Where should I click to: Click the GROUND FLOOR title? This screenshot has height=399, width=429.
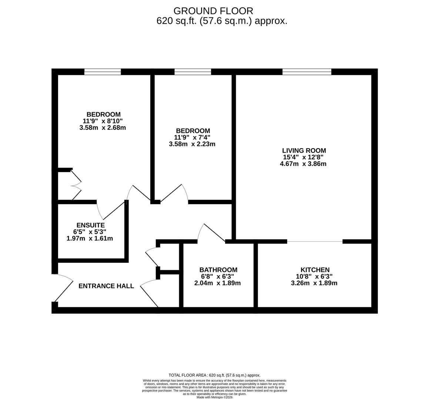pyautogui.click(x=213, y=11)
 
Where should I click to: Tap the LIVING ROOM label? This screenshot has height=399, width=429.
pyautogui.click(x=304, y=150)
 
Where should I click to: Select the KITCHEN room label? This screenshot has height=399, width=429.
pyautogui.click(x=315, y=270)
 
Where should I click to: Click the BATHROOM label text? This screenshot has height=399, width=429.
pyautogui.click(x=218, y=270)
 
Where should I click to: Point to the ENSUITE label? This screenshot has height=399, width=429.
pyautogui.click(x=90, y=225)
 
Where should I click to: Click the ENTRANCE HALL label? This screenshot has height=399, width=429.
pyautogui.click(x=106, y=286)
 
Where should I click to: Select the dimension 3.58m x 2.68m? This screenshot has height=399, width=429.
pyautogui.click(x=103, y=128)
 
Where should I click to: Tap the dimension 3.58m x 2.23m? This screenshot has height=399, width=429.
pyautogui.click(x=192, y=144)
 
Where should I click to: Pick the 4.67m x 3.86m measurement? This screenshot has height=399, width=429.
pyautogui.click(x=303, y=164)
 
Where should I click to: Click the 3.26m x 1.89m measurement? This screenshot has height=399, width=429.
pyautogui.click(x=314, y=283)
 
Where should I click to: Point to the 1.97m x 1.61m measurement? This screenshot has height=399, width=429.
pyautogui.click(x=90, y=238)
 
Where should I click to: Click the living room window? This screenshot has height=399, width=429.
pyautogui.click(x=306, y=72)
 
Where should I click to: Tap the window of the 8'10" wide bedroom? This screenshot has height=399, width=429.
pyautogui.click(x=103, y=72)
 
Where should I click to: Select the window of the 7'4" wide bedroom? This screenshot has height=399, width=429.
pyautogui.click(x=192, y=72)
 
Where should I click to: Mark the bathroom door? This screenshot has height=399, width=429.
pyautogui.click(x=211, y=233)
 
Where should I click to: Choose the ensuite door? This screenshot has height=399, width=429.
pyautogui.click(x=111, y=211)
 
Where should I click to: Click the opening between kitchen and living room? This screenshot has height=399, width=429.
pyautogui.click(x=315, y=242)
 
